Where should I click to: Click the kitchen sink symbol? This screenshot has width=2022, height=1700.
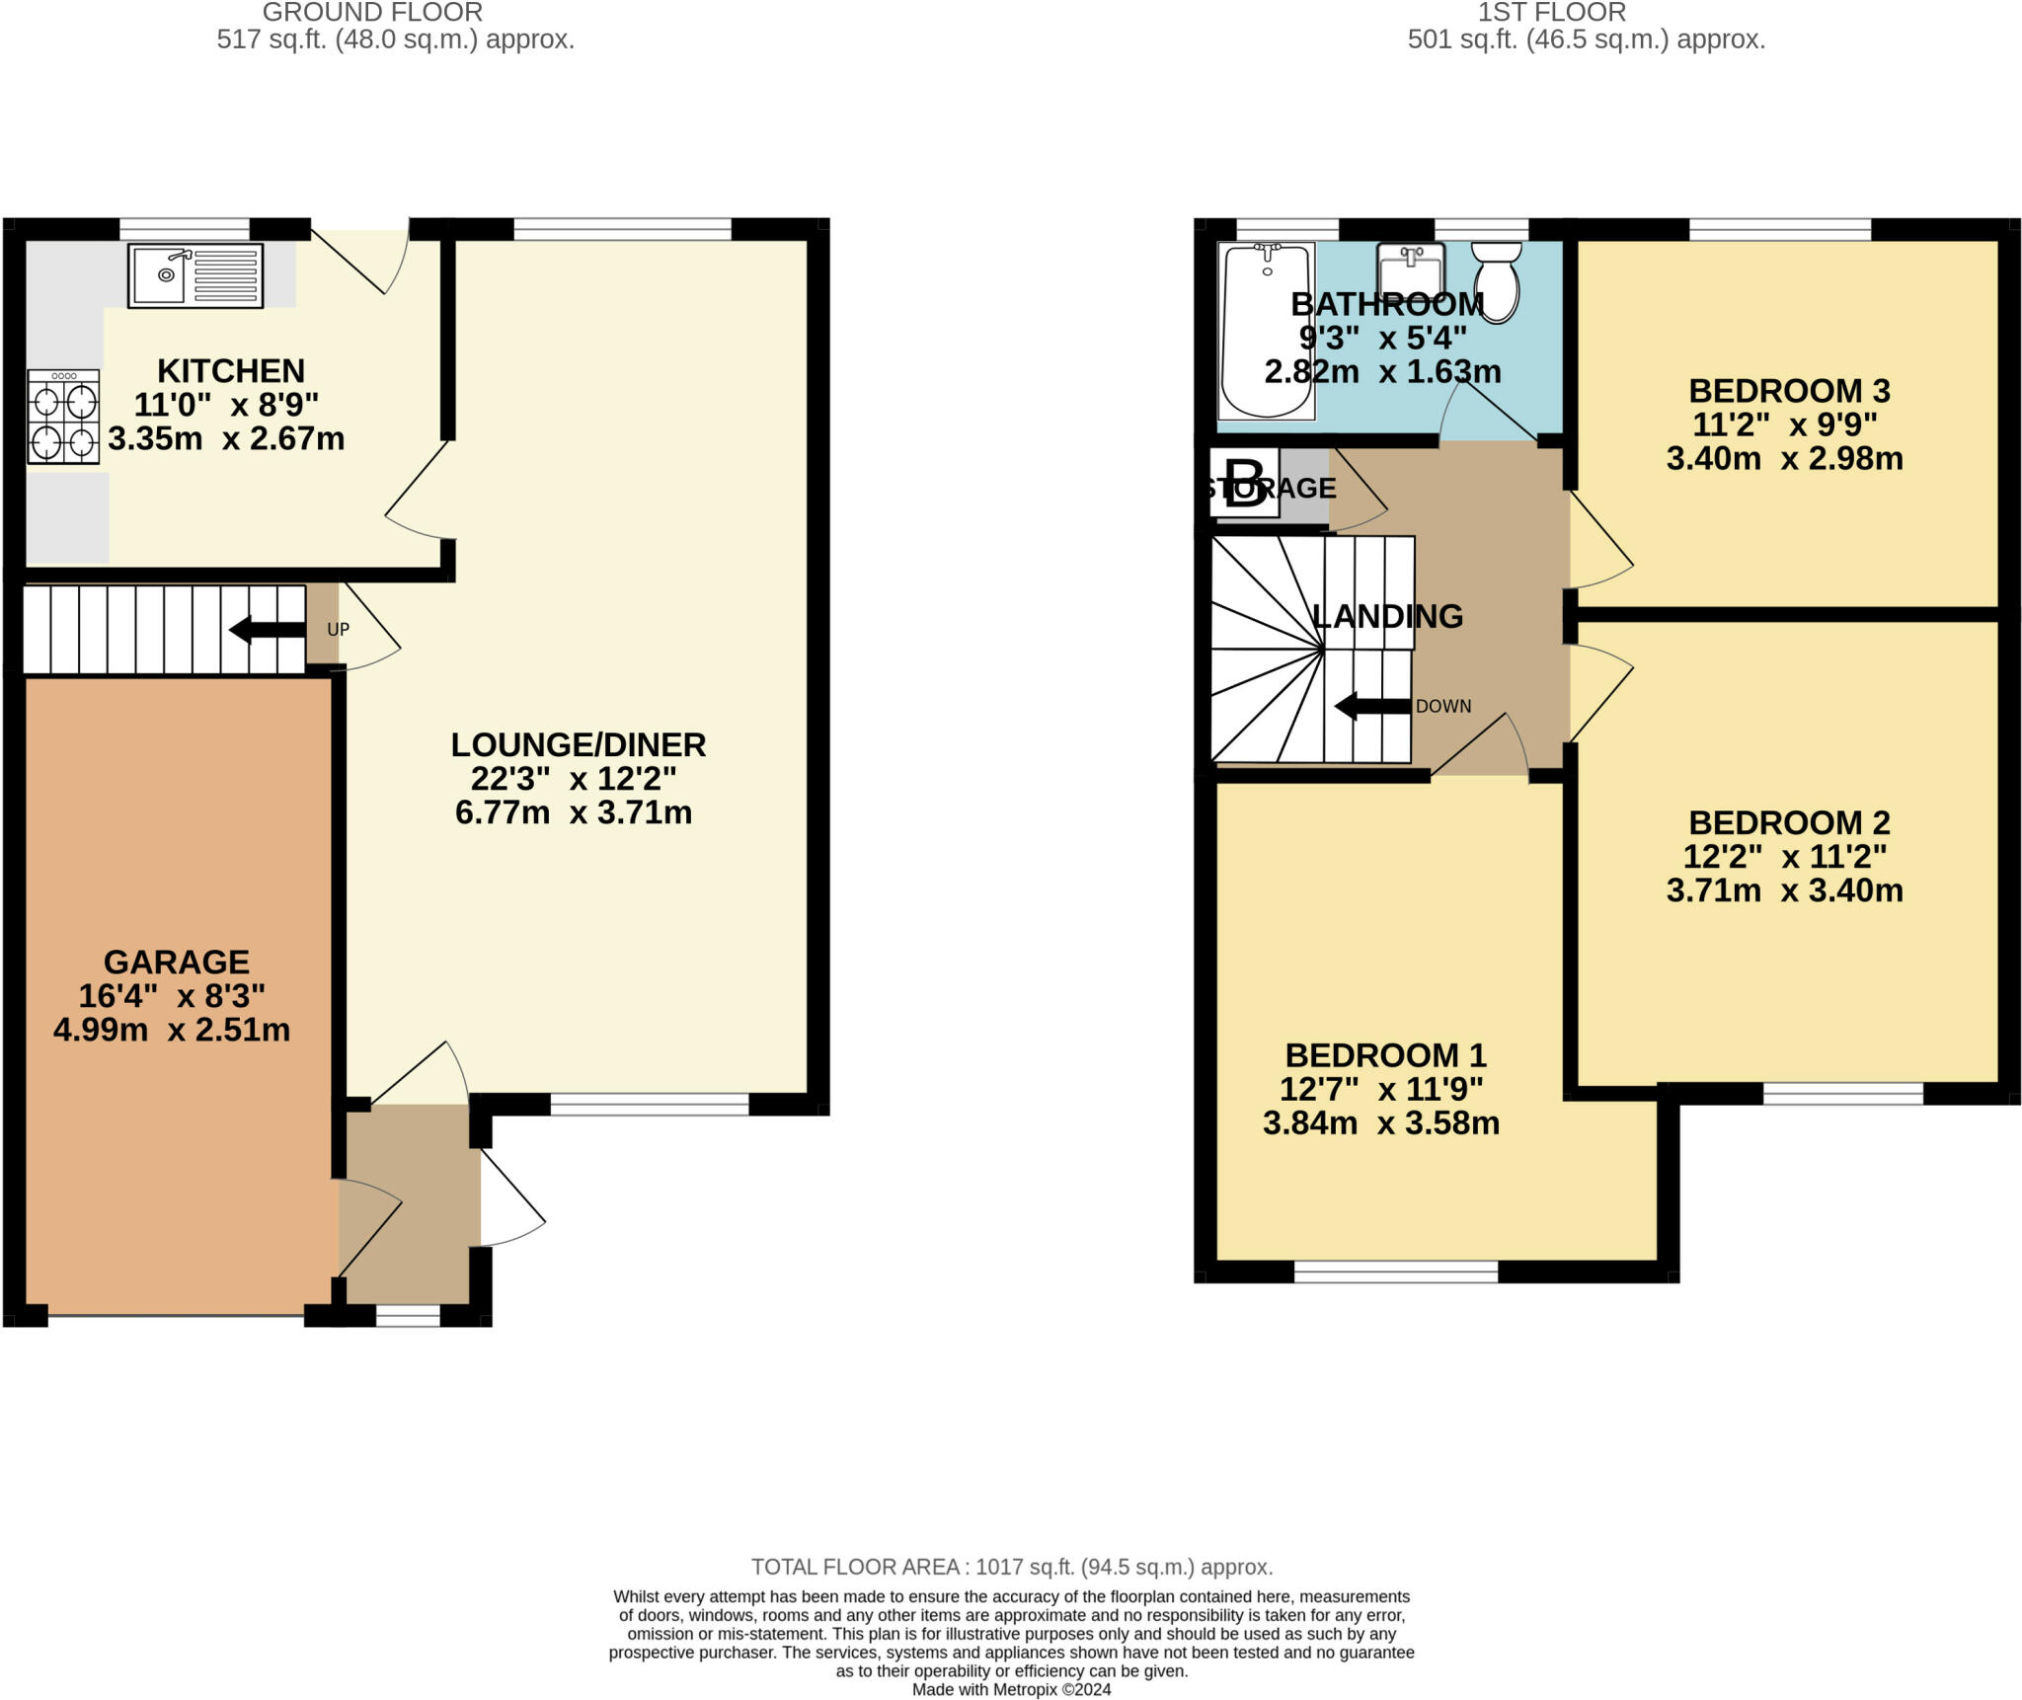click(195, 275)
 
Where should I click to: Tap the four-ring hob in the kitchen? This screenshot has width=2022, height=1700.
click(63, 417)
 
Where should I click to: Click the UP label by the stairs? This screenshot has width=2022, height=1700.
click(338, 630)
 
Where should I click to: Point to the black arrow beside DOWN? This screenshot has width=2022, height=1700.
click(1371, 706)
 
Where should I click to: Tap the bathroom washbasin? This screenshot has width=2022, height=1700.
click(1411, 269)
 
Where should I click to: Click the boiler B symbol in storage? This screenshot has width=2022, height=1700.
click(1244, 483)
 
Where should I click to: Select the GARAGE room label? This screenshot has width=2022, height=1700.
click(176, 962)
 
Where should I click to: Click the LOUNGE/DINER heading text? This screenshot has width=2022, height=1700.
click(579, 744)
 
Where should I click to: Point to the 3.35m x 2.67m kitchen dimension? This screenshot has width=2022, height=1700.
click(226, 438)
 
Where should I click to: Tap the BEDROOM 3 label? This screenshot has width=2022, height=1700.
click(1789, 391)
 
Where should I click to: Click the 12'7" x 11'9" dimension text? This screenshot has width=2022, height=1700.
click(1381, 1089)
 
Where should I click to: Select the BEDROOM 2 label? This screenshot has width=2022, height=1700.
click(1789, 822)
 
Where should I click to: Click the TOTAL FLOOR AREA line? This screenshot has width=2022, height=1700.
click(1011, 1567)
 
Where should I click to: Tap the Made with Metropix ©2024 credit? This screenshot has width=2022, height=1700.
click(1011, 1689)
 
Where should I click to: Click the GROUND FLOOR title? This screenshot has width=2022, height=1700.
click(372, 13)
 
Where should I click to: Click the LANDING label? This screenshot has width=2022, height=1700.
click(1387, 616)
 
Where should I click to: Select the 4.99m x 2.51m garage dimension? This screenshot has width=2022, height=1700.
click(172, 1030)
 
